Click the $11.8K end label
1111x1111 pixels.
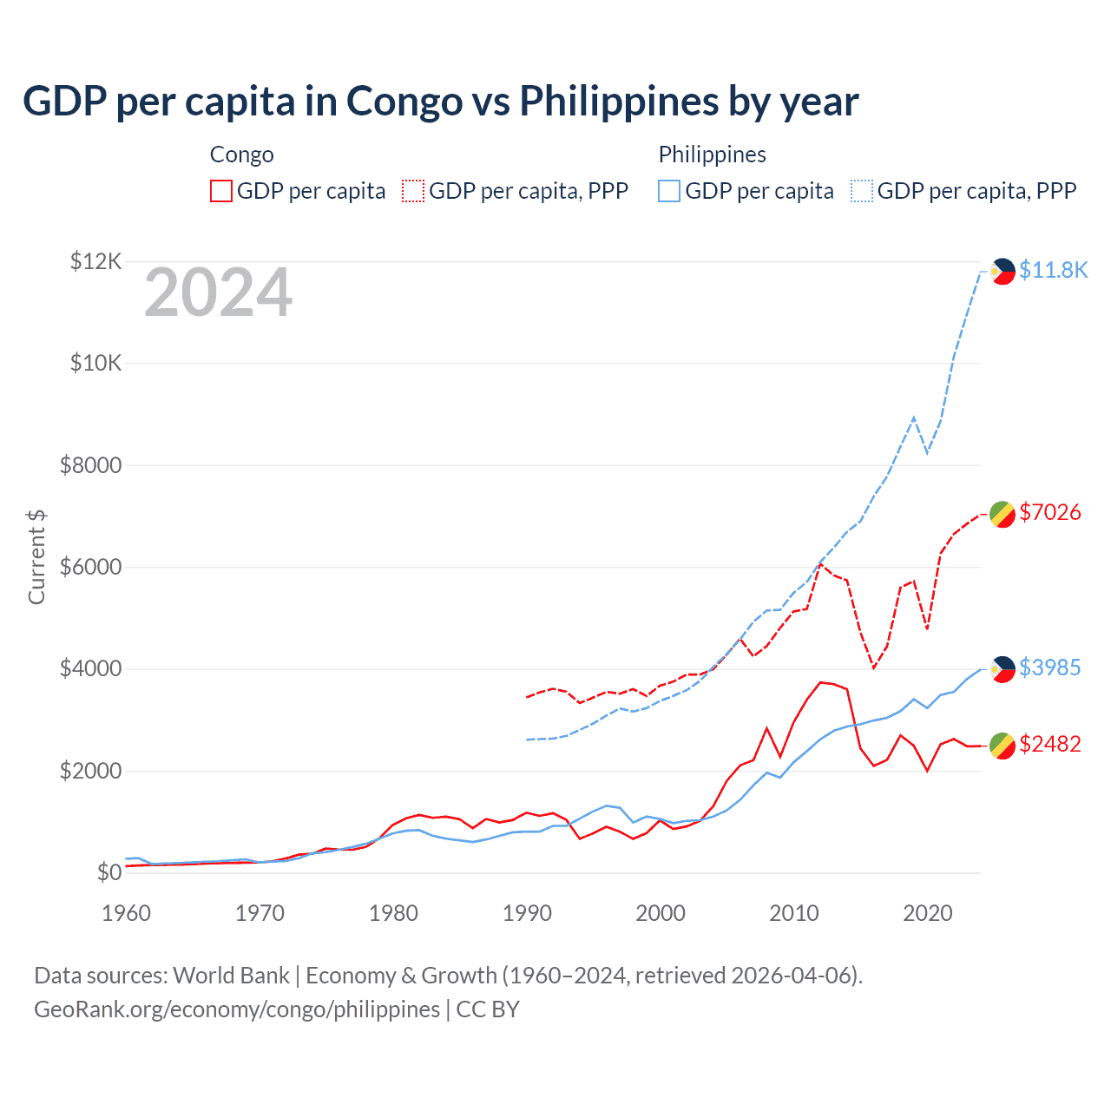1053,270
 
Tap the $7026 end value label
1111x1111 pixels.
1050,512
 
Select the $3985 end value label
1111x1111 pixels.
1050,667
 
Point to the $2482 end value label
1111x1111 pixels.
1050,744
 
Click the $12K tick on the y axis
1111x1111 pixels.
95,261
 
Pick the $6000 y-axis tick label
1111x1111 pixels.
91,567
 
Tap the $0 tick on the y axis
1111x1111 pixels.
108,872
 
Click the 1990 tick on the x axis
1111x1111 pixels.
527,913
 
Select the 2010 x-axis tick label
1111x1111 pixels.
794,913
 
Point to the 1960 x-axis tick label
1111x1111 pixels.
127,913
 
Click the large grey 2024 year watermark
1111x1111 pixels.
218,293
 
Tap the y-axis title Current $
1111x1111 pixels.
36,556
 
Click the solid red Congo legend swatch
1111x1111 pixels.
221,191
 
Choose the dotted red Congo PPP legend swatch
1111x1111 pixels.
413,191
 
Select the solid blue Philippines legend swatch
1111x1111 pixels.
669,191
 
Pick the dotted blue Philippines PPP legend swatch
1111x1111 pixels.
862,191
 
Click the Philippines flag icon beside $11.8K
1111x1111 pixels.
1003,271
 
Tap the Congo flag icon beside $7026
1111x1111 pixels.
1003,514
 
